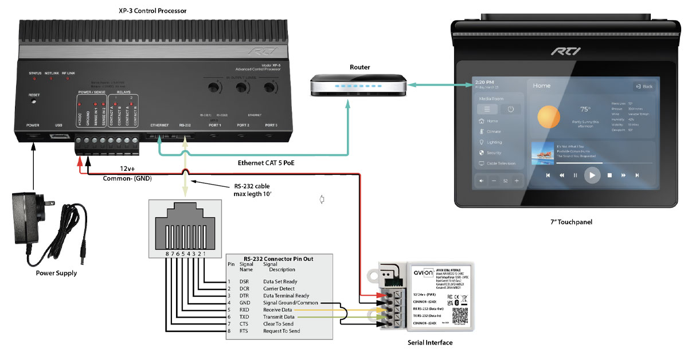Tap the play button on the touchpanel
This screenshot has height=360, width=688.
(x=591, y=175)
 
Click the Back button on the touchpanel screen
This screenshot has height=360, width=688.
(x=644, y=87)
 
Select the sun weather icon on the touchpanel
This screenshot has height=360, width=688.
(x=549, y=116)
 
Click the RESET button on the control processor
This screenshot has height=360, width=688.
(x=34, y=101)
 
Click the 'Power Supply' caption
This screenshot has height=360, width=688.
(x=56, y=273)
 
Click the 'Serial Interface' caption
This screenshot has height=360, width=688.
(x=430, y=342)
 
